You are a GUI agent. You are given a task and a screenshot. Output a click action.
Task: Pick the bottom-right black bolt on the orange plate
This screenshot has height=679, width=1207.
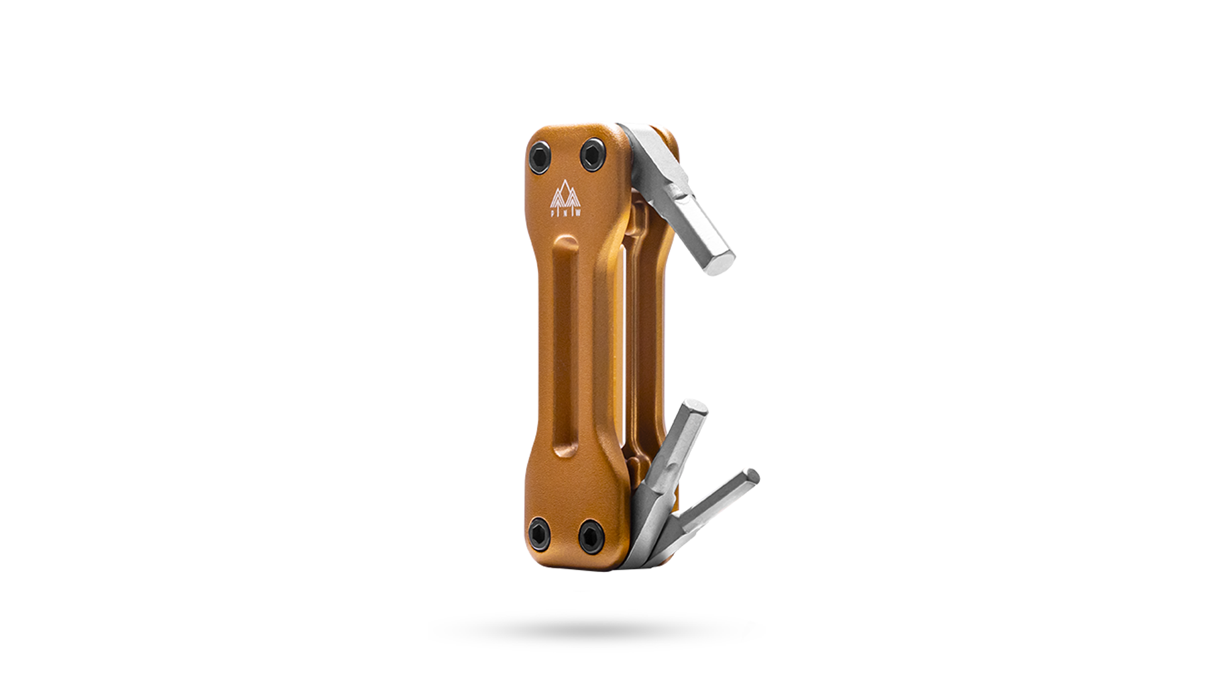pyautogui.click(x=591, y=536)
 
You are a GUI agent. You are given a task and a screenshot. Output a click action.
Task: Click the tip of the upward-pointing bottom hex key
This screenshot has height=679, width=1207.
pyautogui.click(x=695, y=406)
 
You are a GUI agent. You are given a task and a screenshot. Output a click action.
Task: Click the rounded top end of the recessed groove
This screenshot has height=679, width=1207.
pyautogui.click(x=568, y=243)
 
